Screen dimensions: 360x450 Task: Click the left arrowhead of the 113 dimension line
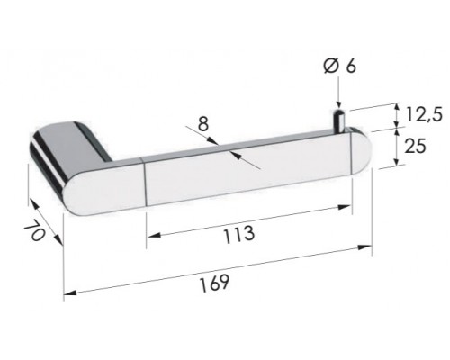(150, 238)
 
